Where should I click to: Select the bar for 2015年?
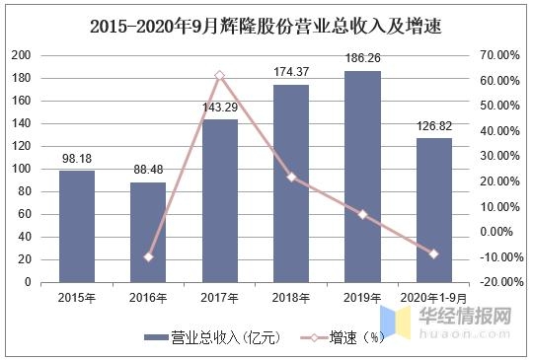pyautogui.click(x=77, y=226)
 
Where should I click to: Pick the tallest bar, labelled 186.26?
pyautogui.click(x=362, y=177)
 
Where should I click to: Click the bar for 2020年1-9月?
pyautogui.click(x=434, y=210)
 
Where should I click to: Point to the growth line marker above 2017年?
pyautogui.click(x=220, y=75)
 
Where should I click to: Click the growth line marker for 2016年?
pyautogui.click(x=148, y=256)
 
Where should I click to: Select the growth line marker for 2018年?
pyautogui.click(x=291, y=177)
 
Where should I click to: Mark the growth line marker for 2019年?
pyautogui.click(x=362, y=214)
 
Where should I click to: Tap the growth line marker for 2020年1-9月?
pyautogui.click(x=434, y=253)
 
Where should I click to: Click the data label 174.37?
pyautogui.click(x=291, y=73)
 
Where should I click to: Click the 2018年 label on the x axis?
pyautogui.click(x=291, y=296)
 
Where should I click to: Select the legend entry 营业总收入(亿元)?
pyautogui.click(x=212, y=337)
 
